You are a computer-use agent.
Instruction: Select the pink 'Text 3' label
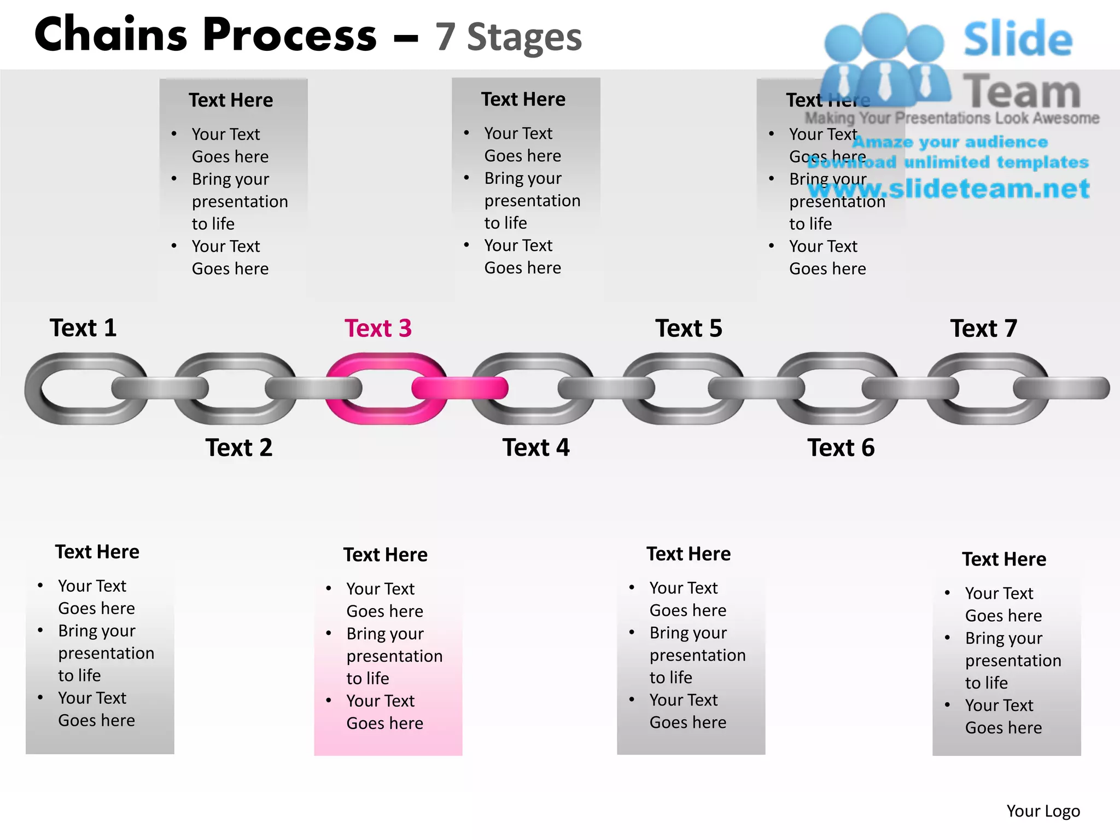[x=378, y=329]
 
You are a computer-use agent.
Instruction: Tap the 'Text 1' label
[x=83, y=328]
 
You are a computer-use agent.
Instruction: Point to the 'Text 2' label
[x=239, y=448]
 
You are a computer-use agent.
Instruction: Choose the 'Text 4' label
[x=536, y=448]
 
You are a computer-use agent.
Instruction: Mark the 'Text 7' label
[x=984, y=329]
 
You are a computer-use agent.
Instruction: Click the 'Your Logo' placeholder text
[x=1043, y=811]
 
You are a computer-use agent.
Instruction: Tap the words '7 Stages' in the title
[x=509, y=37]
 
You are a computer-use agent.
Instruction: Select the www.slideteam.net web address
[x=949, y=189]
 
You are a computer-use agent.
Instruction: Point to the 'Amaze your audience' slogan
[x=950, y=142]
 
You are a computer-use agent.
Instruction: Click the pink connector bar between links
[x=460, y=388]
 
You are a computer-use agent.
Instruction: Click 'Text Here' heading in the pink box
[x=386, y=555]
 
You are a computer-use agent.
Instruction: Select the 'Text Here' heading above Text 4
[x=523, y=100]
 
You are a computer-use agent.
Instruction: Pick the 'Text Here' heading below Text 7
[x=1004, y=559]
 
